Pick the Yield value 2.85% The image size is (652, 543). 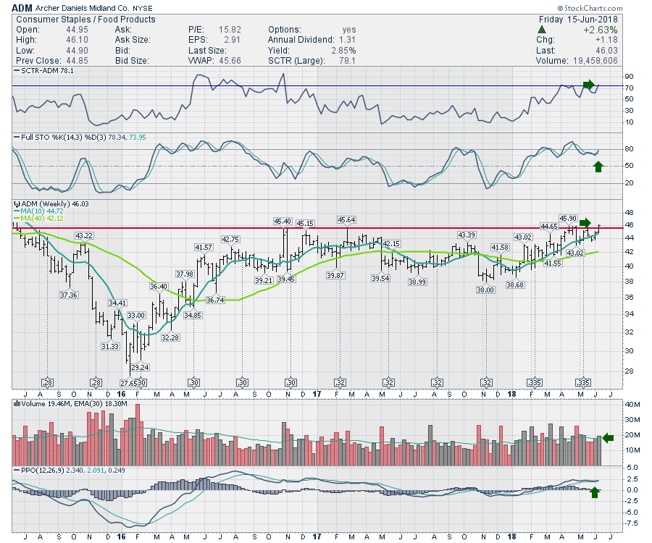[x=342, y=51]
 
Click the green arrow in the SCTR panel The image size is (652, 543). [x=588, y=85]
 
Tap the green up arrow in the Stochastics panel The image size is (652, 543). [x=598, y=167]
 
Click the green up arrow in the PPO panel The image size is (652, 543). [x=595, y=492]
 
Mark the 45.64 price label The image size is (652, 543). [x=346, y=220]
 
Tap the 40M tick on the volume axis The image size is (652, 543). [x=633, y=405]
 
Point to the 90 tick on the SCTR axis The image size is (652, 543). [x=630, y=76]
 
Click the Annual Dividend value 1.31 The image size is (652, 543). [x=348, y=40]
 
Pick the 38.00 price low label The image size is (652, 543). [x=485, y=290]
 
